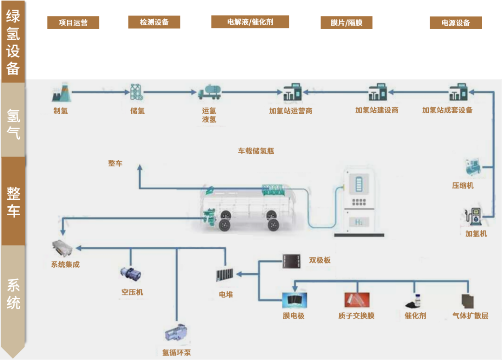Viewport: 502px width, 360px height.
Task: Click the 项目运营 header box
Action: pos(73,23)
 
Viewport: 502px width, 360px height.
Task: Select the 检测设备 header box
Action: pos(154,22)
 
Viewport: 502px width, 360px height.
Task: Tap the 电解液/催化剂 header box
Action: pos(250,22)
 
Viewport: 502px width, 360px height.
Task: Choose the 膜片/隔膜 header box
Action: pos(346,23)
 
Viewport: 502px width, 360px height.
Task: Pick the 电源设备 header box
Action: pos(456,23)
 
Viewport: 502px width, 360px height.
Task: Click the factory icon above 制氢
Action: pos(61,92)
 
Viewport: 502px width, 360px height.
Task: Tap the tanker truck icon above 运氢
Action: pos(209,92)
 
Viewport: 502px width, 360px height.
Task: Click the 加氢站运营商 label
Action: pos(291,111)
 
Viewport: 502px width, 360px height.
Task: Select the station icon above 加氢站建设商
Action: pos(377,93)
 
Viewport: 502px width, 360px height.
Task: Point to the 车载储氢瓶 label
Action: pos(256,151)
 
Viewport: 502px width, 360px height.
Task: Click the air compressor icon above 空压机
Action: pos(130,274)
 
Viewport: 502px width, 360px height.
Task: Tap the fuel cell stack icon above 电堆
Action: pos(225,275)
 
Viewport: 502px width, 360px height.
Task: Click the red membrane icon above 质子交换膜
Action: pos(356,300)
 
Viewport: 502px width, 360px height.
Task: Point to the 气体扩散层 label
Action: pos(470,316)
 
